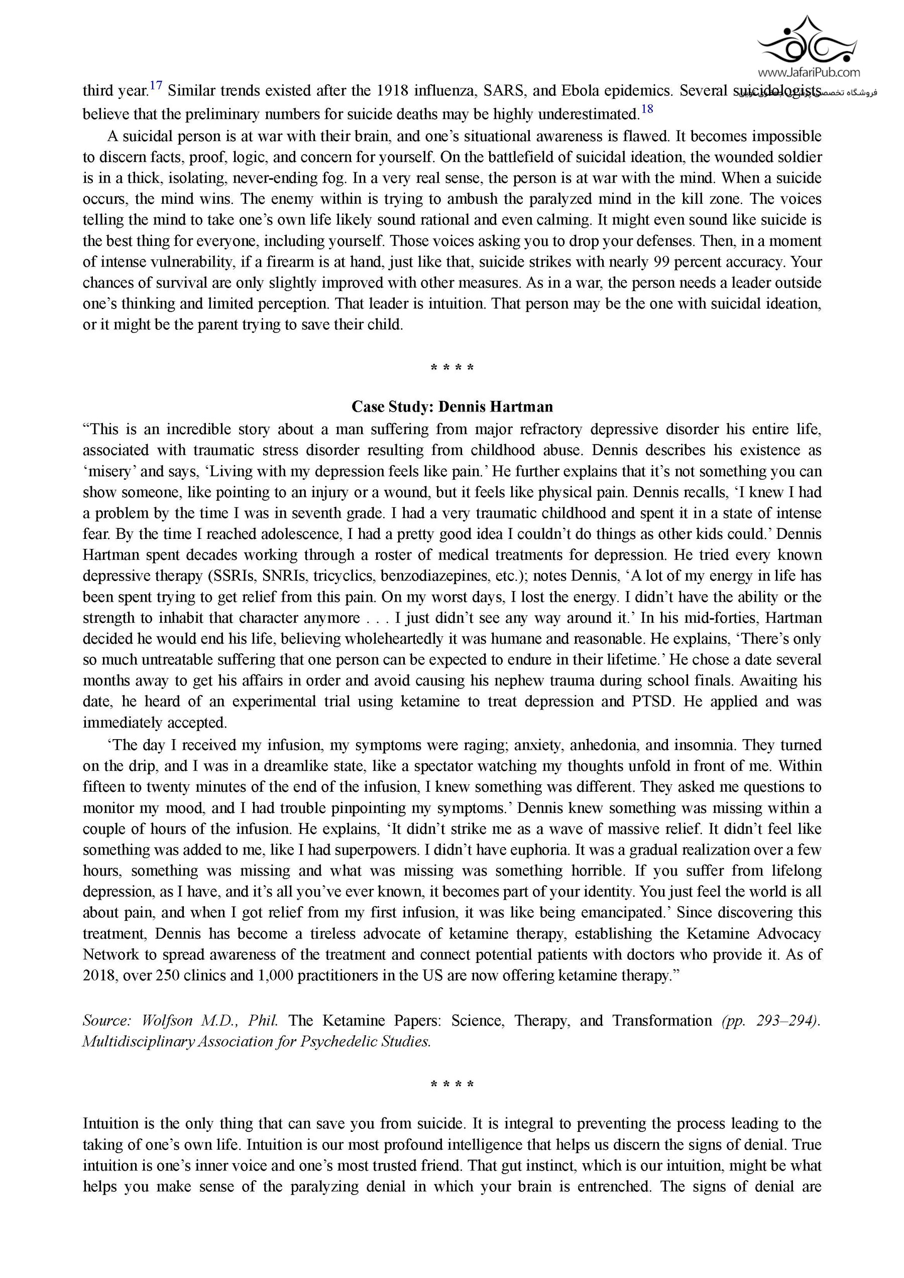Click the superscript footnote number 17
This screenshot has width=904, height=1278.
tap(156, 86)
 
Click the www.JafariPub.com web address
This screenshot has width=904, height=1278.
tap(808, 72)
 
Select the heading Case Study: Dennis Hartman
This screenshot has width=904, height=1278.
tap(451, 407)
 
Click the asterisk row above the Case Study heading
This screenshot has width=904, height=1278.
tap(451, 368)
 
